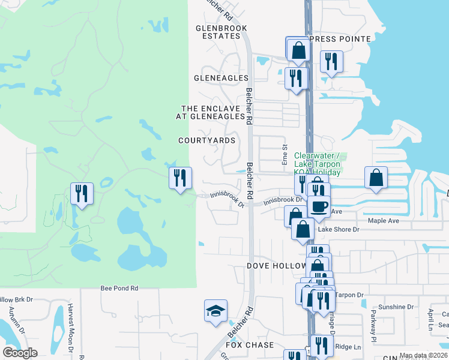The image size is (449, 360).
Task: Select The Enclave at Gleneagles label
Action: click(x=211, y=113)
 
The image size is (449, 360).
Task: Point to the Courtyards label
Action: click(x=206, y=140)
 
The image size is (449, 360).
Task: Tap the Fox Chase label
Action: click(x=250, y=345)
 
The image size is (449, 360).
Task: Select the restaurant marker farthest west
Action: click(x=82, y=193)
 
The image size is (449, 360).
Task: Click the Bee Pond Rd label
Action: click(x=119, y=289)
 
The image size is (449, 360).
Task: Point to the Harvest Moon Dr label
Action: click(x=71, y=327)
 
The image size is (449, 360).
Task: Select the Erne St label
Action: click(x=285, y=155)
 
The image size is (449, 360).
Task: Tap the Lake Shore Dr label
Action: click(x=339, y=229)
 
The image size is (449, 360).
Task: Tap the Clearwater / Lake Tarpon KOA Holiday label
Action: click(x=317, y=164)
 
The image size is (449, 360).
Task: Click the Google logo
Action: click(x=20, y=353)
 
